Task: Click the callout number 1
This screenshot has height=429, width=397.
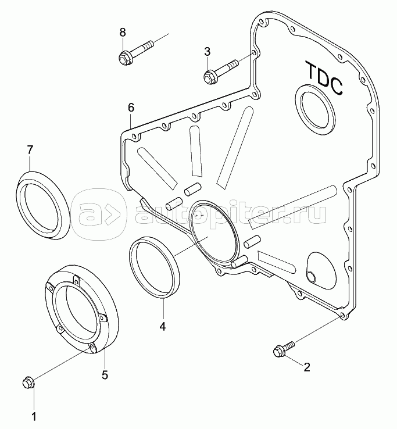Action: (x=34, y=417)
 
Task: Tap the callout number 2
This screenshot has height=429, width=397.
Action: (x=307, y=367)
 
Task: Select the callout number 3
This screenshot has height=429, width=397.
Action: (x=208, y=51)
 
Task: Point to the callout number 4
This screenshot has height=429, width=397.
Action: (x=163, y=327)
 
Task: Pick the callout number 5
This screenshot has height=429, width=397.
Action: (x=105, y=374)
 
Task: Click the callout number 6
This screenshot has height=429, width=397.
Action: (x=131, y=108)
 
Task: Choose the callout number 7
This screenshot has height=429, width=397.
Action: (x=30, y=149)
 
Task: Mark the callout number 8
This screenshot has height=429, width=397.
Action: (x=123, y=33)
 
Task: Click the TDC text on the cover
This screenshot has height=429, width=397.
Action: (x=324, y=78)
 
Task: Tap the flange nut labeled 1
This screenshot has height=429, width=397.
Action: (x=28, y=382)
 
